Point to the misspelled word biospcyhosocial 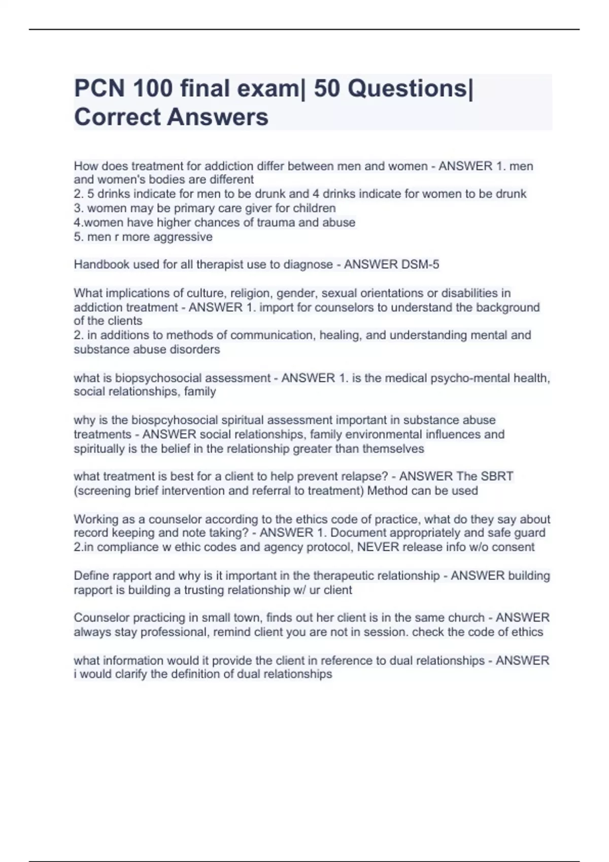coord(170,420)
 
